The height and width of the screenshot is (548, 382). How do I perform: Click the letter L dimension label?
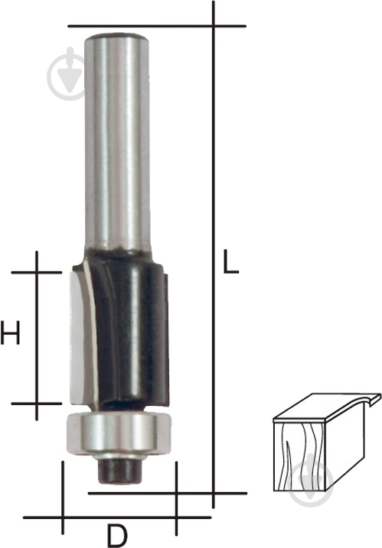pos(230,261)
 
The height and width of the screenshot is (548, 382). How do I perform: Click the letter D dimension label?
pos(118,536)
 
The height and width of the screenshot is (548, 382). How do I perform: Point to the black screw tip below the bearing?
pos(119,471)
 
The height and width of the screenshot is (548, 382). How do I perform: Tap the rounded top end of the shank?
pos(118,37)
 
